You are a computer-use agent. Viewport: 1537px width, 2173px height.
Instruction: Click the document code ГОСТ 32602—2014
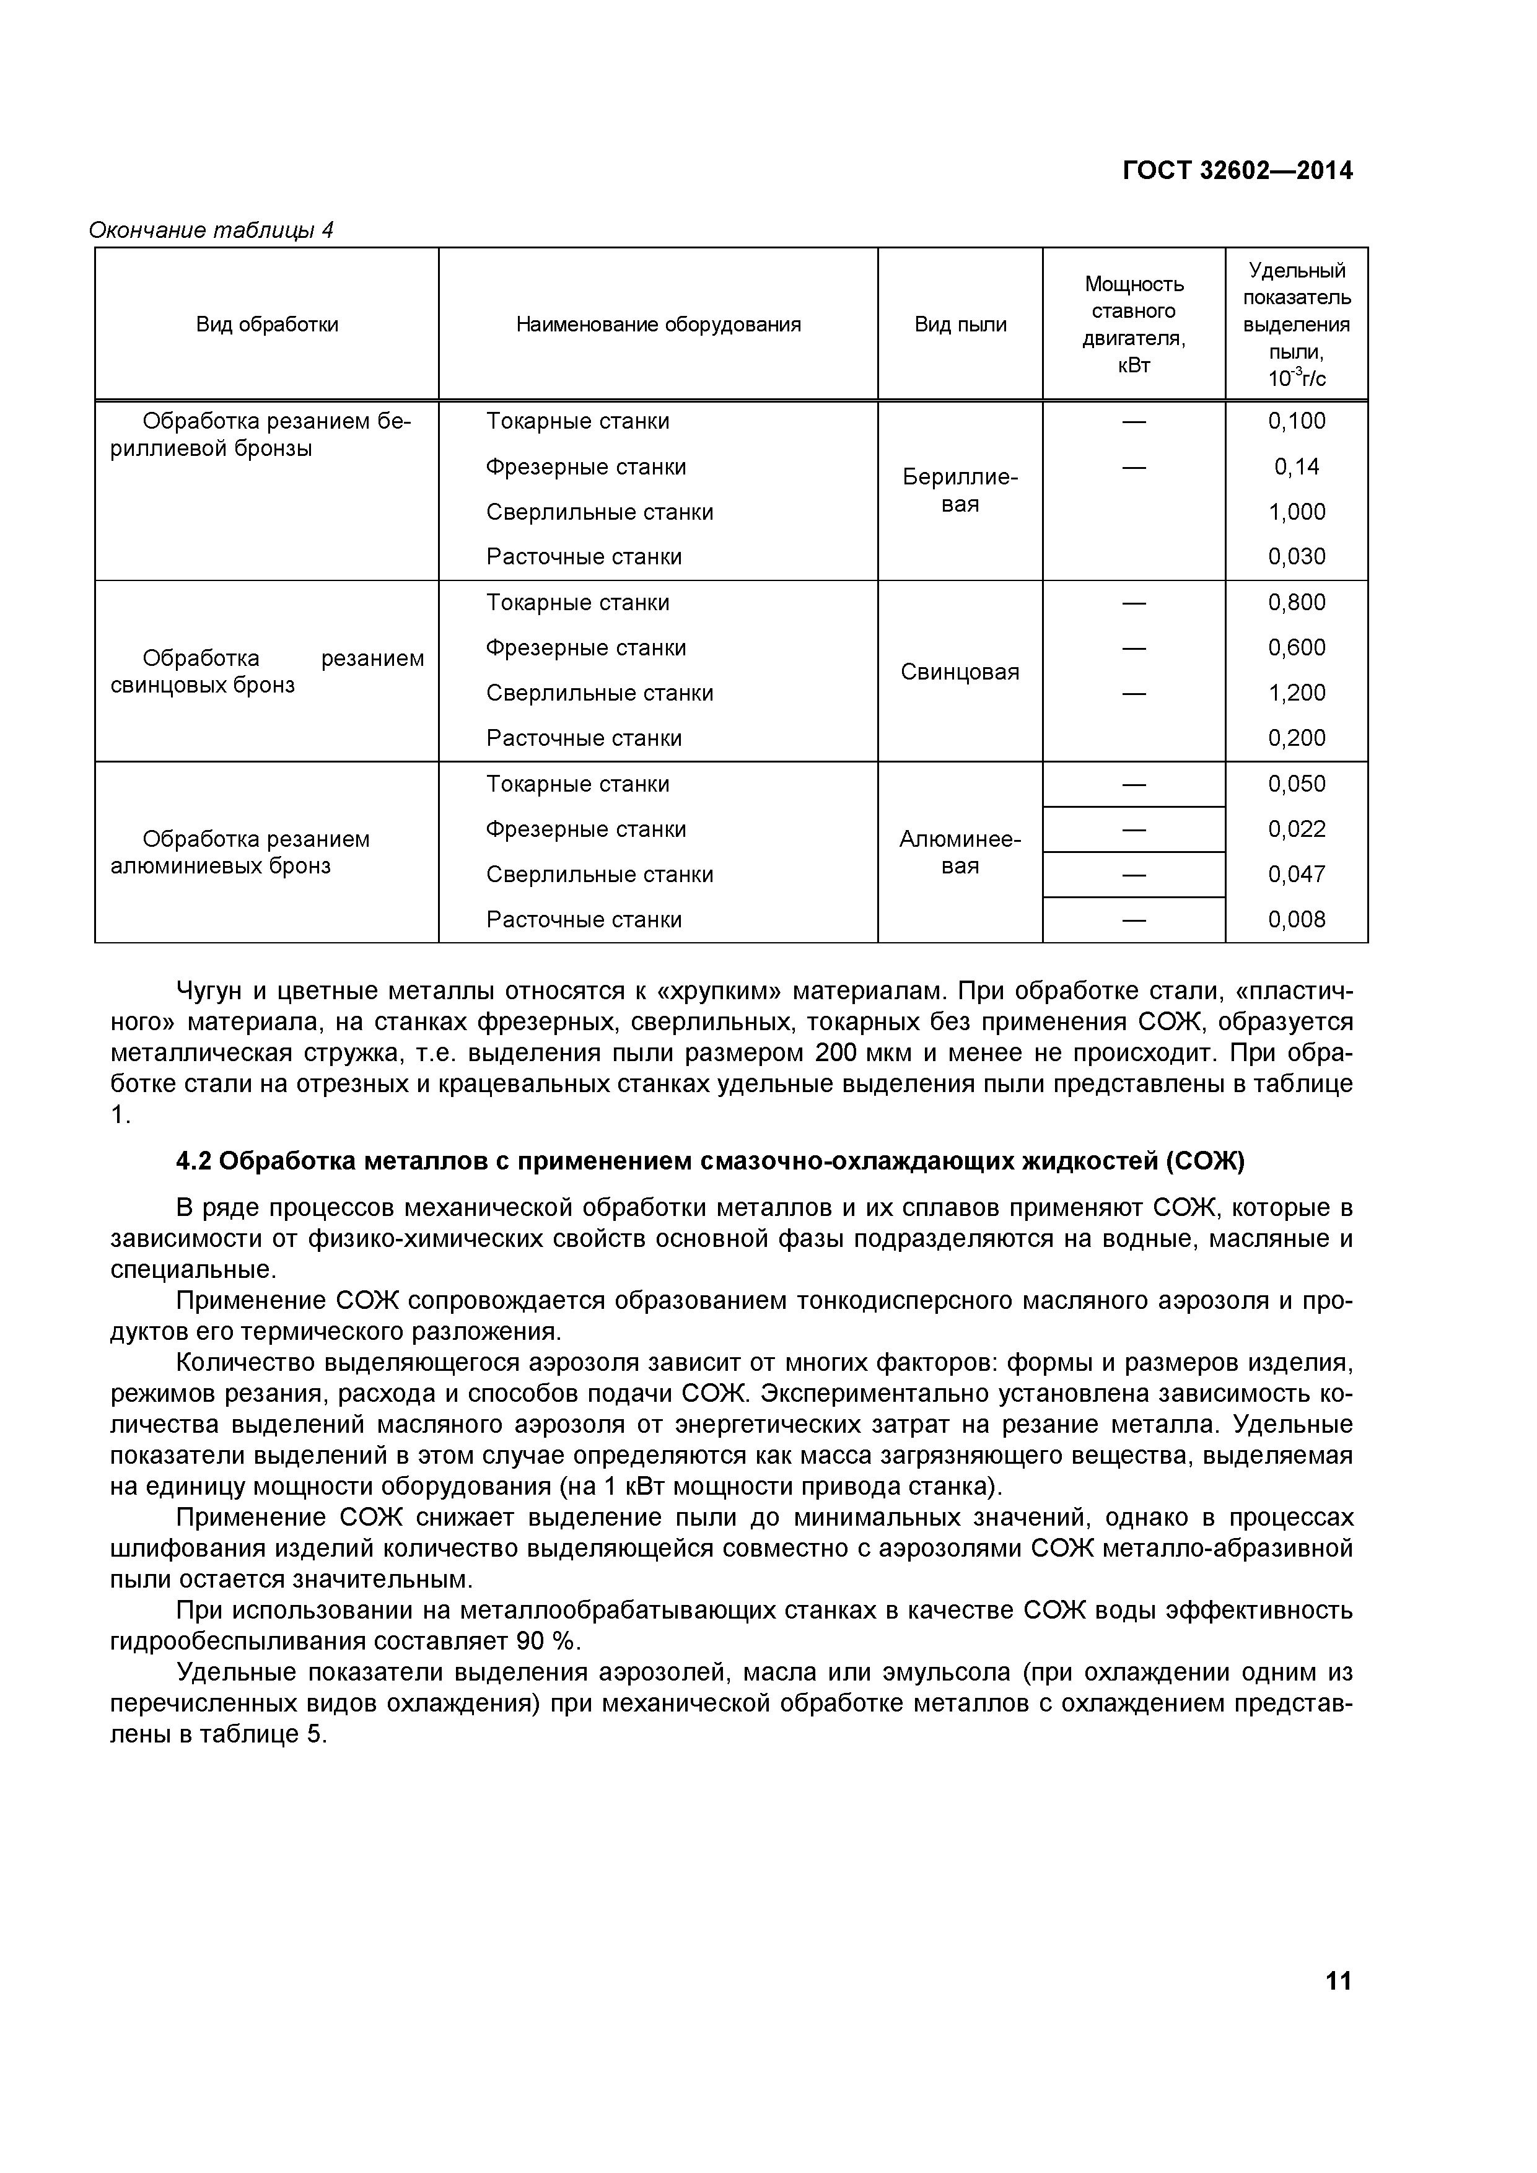point(1237,170)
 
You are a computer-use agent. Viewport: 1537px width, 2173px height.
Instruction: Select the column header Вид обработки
point(267,325)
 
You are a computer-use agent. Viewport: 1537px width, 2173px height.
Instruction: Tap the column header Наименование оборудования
point(658,325)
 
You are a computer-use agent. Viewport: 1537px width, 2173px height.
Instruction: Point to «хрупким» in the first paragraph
point(719,991)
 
